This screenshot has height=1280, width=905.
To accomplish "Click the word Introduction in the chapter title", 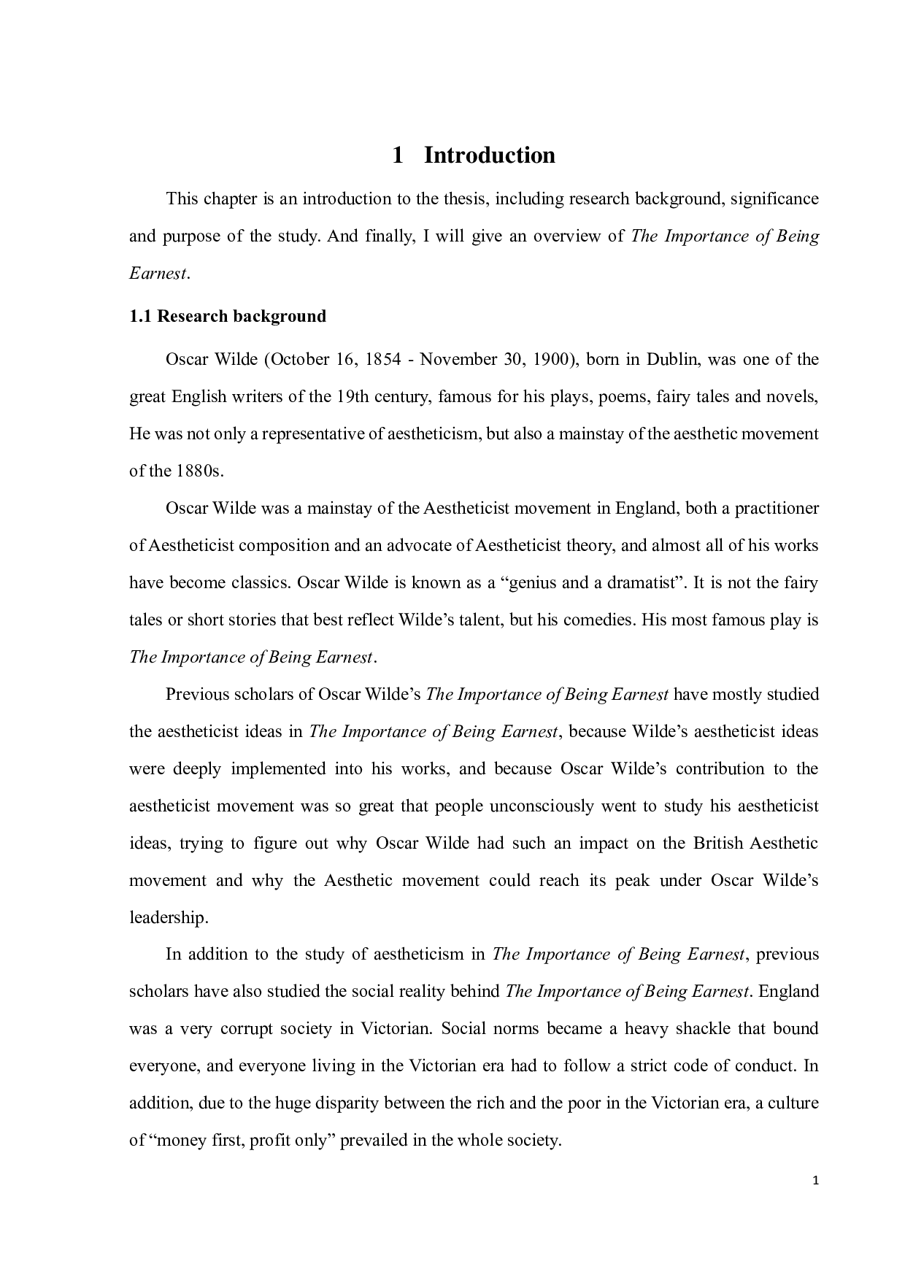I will (x=490, y=155).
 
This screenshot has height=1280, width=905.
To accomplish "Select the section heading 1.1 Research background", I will (x=228, y=316).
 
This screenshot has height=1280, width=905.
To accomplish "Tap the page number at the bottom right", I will (x=815, y=1181).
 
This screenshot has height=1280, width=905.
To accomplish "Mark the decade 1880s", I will (x=198, y=471).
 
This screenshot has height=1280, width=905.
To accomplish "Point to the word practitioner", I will (x=776, y=508).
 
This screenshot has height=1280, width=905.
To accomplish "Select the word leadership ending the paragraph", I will (x=168, y=917).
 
